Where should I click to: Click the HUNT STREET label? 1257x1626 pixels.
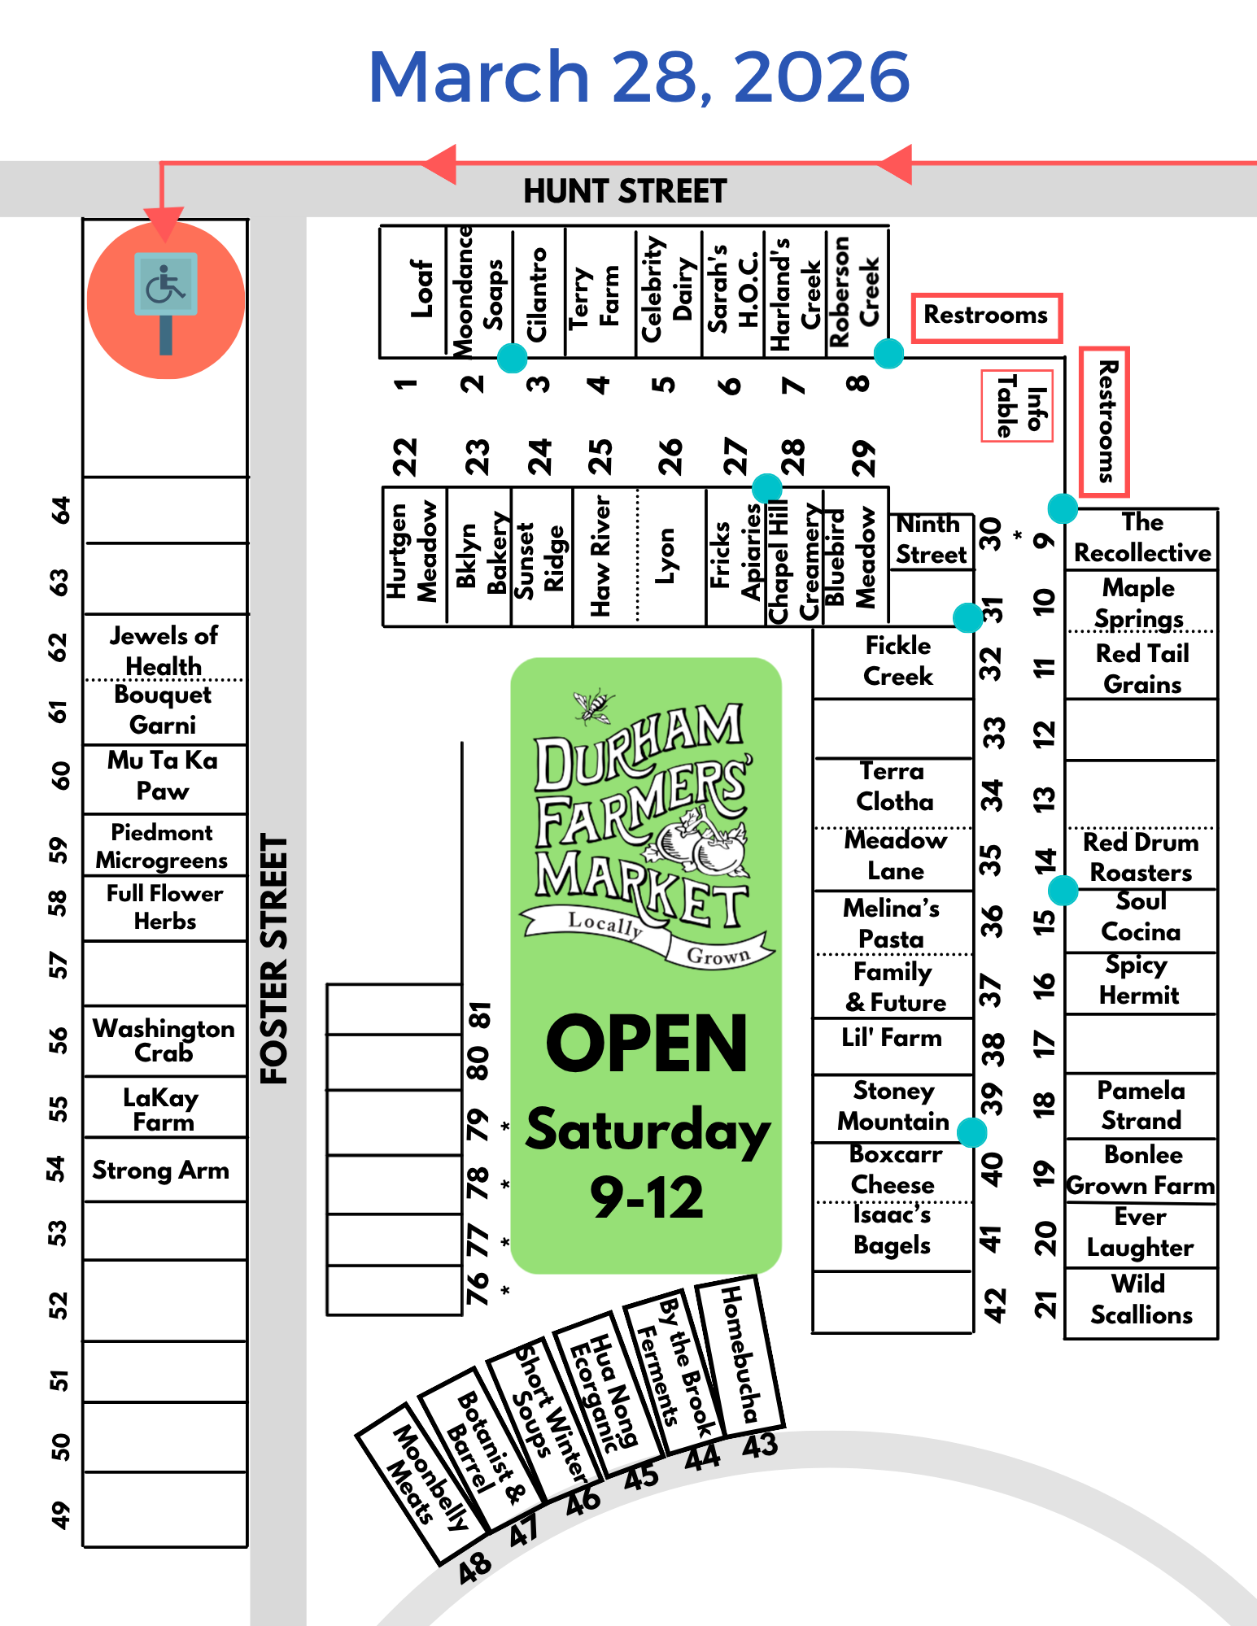(625, 191)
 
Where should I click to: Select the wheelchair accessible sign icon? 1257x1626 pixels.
(166, 301)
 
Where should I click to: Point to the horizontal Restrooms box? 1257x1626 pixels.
(986, 316)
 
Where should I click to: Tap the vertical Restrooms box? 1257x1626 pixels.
(1104, 421)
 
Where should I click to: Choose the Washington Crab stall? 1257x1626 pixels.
(164, 1040)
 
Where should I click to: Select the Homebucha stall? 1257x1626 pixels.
(740, 1354)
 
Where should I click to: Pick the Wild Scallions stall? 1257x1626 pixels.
(1141, 1300)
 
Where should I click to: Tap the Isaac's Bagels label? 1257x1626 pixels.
(893, 1231)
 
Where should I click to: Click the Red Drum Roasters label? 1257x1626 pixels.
(1141, 857)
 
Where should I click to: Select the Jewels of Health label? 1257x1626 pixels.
(164, 649)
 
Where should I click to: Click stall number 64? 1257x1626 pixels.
(60, 510)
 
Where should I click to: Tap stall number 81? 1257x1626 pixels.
(480, 1015)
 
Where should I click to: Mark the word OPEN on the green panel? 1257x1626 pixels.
(646, 1044)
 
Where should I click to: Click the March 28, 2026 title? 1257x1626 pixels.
(639, 76)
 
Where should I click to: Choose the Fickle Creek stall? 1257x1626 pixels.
(897, 661)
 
